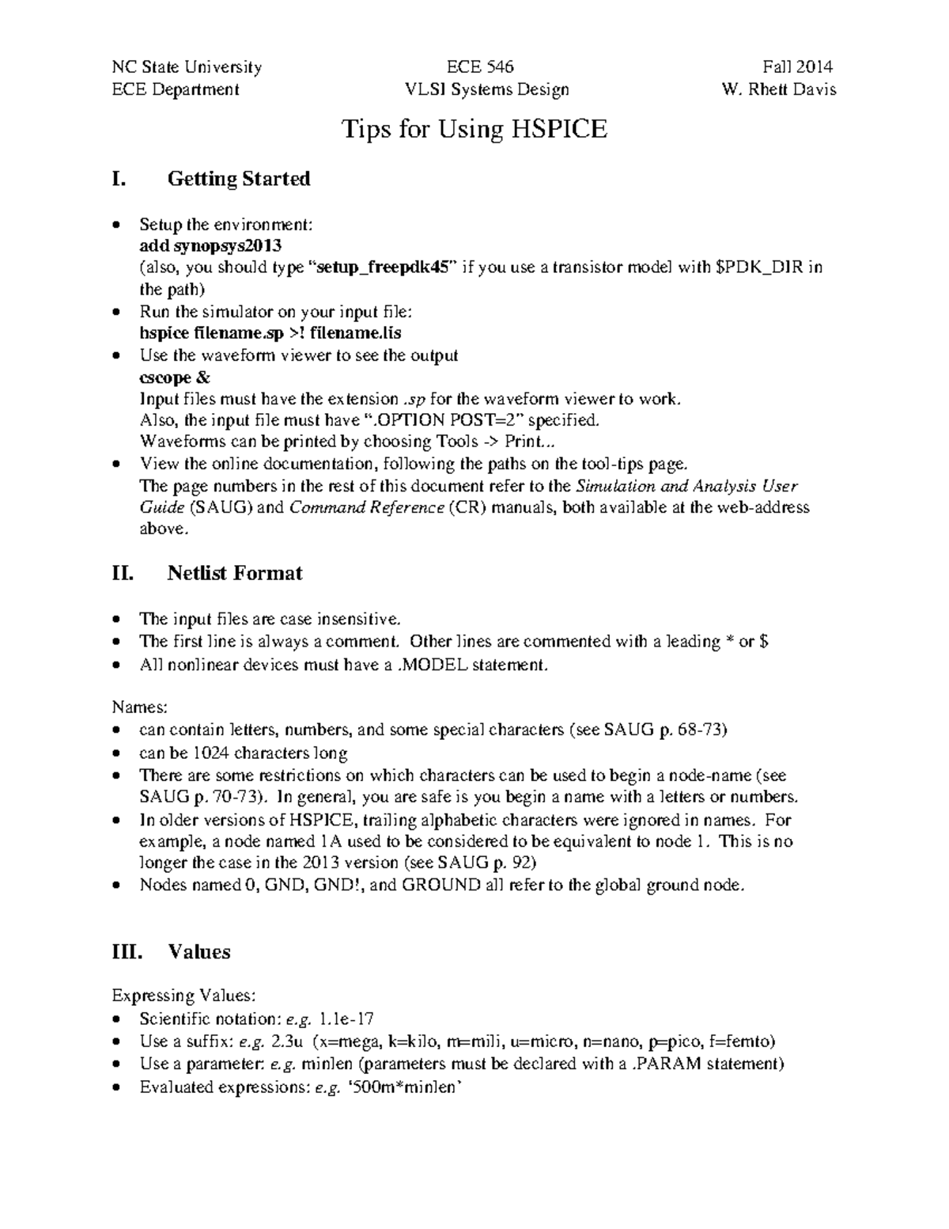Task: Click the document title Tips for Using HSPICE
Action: pos(474,129)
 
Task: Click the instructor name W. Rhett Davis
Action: pos(778,89)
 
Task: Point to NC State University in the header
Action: pos(187,67)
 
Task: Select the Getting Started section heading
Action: pos(238,179)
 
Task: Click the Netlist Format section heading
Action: pos(234,573)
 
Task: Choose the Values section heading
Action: pos(198,951)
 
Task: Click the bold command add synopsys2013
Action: pos(210,245)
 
